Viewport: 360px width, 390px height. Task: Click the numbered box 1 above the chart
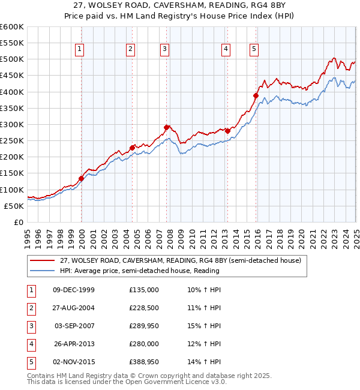[x=80, y=50]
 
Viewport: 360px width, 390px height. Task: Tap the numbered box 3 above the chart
[x=164, y=50]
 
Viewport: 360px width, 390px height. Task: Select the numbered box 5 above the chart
[x=254, y=50]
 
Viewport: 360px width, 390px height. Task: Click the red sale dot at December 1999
[x=81, y=178]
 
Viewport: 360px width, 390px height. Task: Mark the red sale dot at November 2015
[x=256, y=95]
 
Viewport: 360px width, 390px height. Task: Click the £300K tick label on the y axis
[x=12, y=124]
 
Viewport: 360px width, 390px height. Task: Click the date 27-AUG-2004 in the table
[x=74, y=308]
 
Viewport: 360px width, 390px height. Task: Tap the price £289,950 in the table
[x=144, y=326]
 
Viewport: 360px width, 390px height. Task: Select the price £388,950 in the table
[x=144, y=362]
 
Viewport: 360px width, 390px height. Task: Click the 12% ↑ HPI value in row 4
[x=204, y=344]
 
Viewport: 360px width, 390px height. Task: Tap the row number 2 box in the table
[x=30, y=308]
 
